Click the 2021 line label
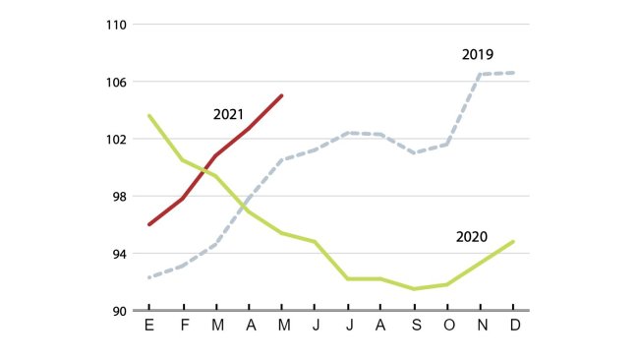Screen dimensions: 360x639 (228, 114)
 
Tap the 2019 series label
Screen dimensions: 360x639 (477, 54)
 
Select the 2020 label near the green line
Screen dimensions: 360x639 (472, 237)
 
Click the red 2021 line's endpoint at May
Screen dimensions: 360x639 (282, 95)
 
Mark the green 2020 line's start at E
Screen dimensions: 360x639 (149, 116)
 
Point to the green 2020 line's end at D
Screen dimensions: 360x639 (513, 241)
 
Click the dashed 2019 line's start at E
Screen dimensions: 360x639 (149, 277)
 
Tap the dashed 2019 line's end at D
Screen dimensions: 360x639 (513, 73)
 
